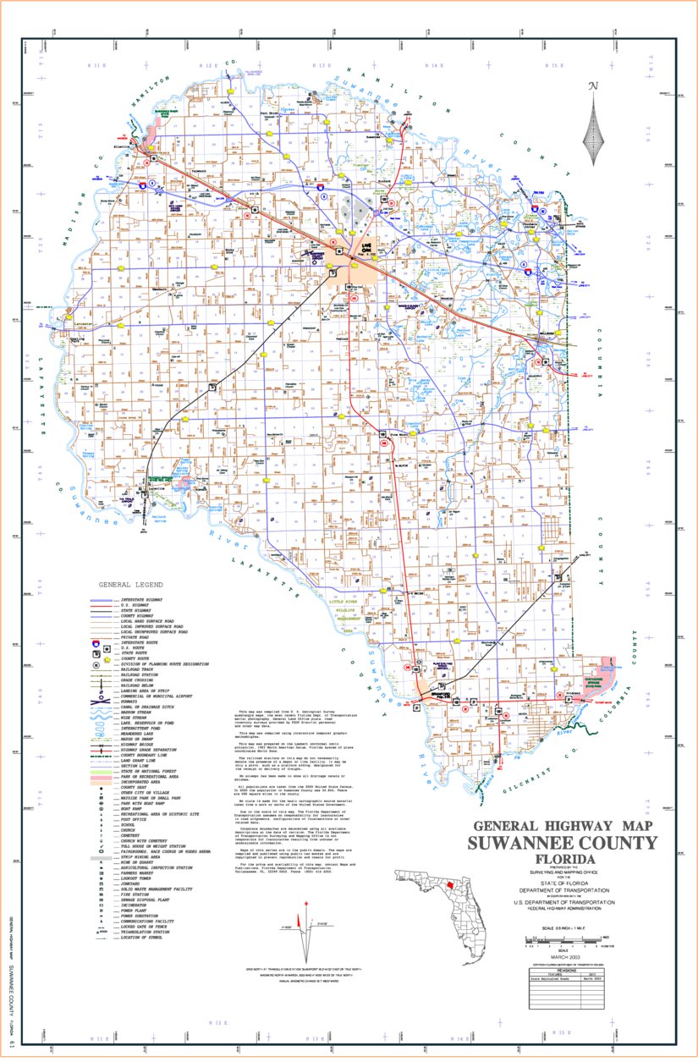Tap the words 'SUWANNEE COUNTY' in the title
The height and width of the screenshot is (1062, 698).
[x=562, y=842]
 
